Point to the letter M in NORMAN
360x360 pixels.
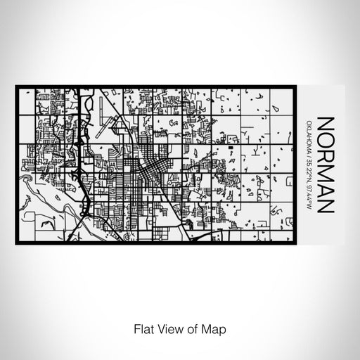click(326, 173)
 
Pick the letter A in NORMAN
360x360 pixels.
click(326, 191)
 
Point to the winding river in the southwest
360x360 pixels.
click(49, 188)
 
